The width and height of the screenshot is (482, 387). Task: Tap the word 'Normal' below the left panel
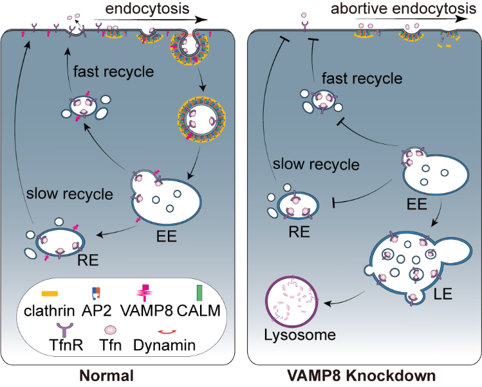click(107, 377)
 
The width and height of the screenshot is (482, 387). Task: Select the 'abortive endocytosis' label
click(412, 9)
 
